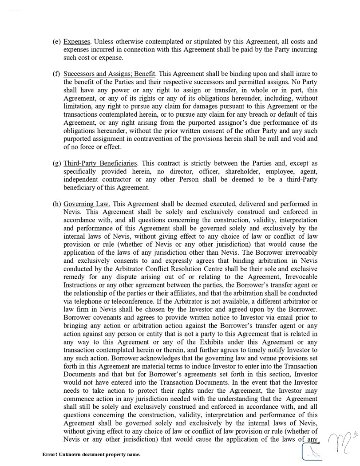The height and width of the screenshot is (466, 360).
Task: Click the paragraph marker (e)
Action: [x=56, y=42]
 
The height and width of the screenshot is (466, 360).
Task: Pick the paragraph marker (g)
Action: [x=56, y=163]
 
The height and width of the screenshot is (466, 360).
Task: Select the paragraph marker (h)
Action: [x=56, y=204]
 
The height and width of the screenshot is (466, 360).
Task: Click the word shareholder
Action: [x=242, y=171]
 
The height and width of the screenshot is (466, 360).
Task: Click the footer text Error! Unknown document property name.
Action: [x=91, y=454]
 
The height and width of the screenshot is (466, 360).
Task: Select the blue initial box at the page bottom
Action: [x=312, y=453]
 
